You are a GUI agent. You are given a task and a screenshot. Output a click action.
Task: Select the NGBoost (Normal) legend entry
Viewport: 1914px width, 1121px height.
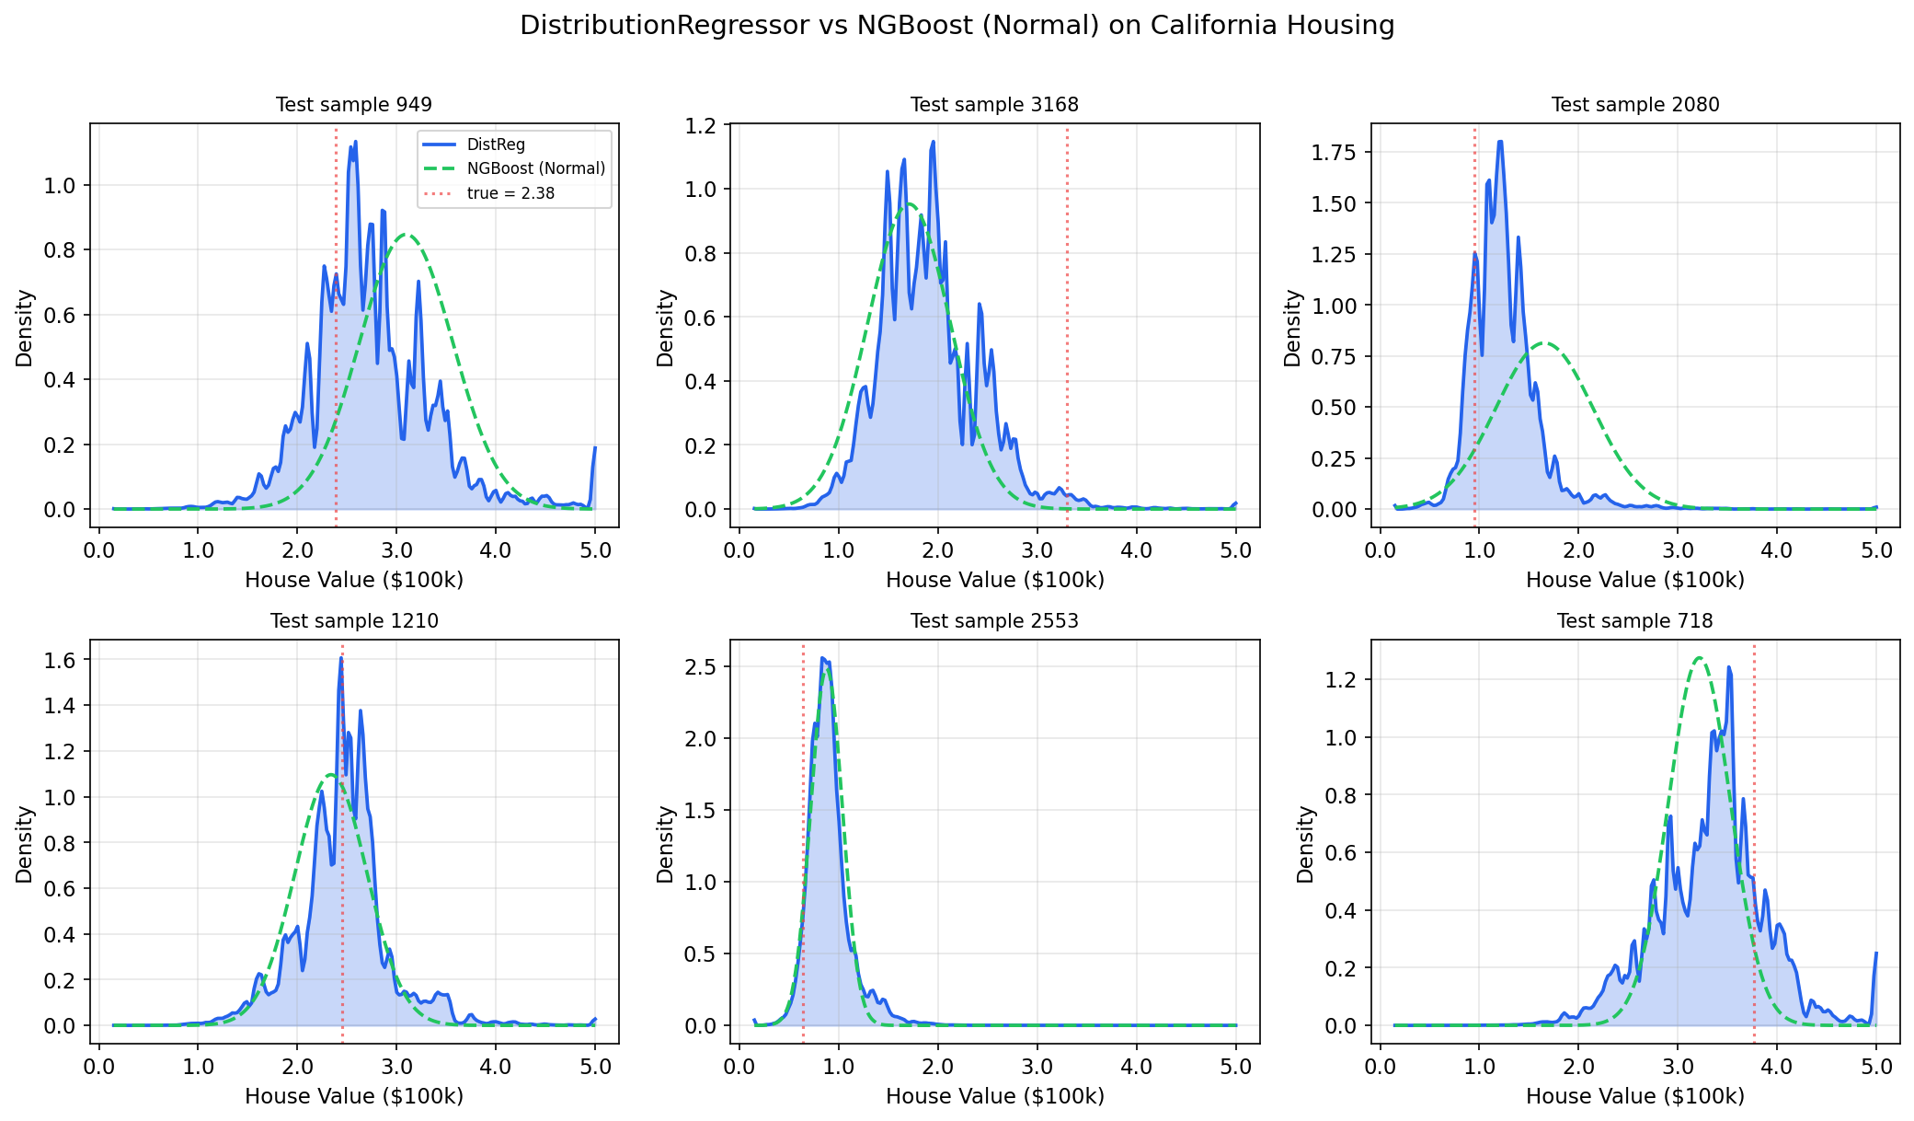pyautogui.click(x=535, y=168)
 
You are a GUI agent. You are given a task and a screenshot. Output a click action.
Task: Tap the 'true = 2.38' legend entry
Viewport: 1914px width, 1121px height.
pyautogui.click(x=510, y=193)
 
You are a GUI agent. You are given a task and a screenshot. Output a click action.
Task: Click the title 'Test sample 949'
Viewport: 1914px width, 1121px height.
pyautogui.click(x=354, y=105)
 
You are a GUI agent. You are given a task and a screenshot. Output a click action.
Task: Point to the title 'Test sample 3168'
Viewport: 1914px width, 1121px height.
pyautogui.click(x=994, y=105)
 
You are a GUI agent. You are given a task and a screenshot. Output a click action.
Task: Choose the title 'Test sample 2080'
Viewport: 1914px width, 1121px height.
pyautogui.click(x=1635, y=105)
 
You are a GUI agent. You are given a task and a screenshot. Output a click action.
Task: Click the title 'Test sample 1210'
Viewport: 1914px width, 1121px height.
pyautogui.click(x=354, y=621)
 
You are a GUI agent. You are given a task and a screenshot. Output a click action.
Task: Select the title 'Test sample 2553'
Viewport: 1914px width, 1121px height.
pyautogui.click(x=994, y=621)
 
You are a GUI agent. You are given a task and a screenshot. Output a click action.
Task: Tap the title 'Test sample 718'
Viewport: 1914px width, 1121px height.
pyautogui.click(x=1635, y=621)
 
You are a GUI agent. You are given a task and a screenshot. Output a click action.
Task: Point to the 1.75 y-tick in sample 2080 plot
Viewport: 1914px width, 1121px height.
pyautogui.click(x=1334, y=152)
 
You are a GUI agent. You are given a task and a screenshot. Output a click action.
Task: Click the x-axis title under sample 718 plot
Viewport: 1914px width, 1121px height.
pyautogui.click(x=1635, y=1096)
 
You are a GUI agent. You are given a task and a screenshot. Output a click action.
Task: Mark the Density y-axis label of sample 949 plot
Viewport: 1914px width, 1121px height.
pyautogui.click(x=25, y=328)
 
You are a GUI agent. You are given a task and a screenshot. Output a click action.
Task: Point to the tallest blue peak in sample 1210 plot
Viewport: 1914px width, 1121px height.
pyautogui.click(x=341, y=659)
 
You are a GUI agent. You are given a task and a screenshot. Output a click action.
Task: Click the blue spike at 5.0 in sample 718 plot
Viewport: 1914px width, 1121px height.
pyautogui.click(x=1875, y=954)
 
